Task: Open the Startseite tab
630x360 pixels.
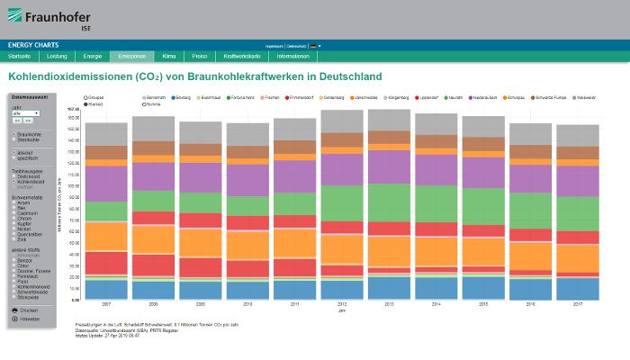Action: coord(20,56)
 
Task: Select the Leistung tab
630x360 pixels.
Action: coord(57,56)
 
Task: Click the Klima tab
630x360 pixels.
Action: coord(169,56)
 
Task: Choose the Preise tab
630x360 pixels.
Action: coord(200,56)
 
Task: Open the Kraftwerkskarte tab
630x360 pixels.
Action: coord(241,56)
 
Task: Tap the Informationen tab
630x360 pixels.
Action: coord(293,56)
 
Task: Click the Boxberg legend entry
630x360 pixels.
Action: coord(183,96)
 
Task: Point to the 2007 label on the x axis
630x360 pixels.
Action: coord(107,305)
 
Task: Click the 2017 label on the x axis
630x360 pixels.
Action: coord(577,305)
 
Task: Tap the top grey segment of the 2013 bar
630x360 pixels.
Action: coord(389,121)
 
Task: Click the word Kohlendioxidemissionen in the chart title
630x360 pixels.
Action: coord(70,77)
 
